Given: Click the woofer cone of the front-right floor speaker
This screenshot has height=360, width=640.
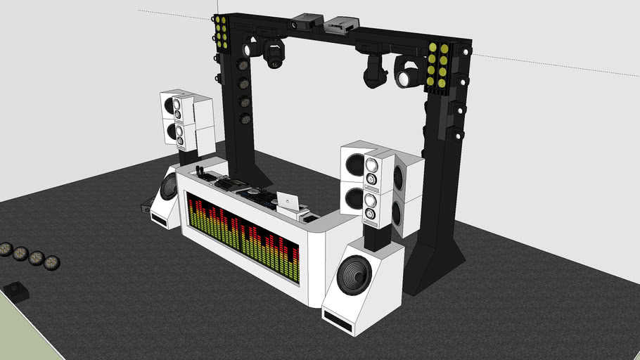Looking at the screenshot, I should pos(354,277).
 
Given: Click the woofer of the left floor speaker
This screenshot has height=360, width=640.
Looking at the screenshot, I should pos(168,188).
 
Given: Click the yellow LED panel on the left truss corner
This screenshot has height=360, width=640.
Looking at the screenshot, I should pos(221,32).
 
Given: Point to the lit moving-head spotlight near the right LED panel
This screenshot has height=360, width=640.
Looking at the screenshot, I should pos(407,76).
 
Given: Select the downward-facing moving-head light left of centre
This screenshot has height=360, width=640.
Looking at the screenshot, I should pos(274,55).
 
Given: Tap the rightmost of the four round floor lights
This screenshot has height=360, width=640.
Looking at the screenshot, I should pos(51,263).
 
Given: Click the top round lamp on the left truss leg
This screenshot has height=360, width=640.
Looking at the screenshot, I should pos(244,65).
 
